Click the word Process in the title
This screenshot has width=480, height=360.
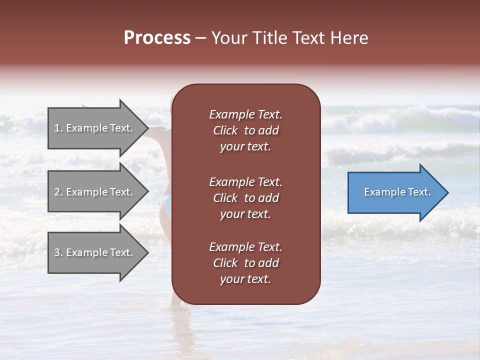coord(157,38)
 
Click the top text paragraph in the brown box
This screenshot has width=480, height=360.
coord(245,130)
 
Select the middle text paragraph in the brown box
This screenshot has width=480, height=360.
coord(245,198)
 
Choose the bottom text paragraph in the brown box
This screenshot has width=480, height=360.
coord(245,263)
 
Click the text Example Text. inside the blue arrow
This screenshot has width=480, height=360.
coord(397,192)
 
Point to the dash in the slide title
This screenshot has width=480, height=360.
coord(200,38)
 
